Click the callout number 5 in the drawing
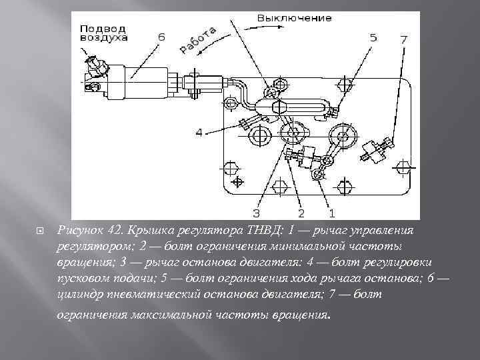[x=373, y=38]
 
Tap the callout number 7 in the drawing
[x=403, y=39]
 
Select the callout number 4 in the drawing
[x=199, y=133]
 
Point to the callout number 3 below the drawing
[x=256, y=213]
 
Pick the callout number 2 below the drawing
[x=301, y=213]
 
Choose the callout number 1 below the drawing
[x=331, y=213]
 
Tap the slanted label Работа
[x=198, y=39]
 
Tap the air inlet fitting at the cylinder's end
[x=94, y=67]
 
